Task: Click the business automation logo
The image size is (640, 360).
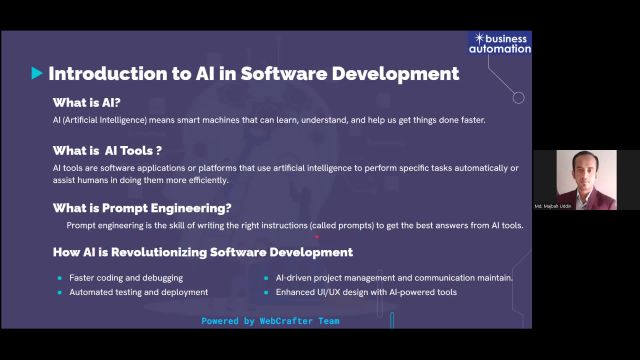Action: click(500, 42)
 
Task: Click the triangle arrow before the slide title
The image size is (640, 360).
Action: click(37, 73)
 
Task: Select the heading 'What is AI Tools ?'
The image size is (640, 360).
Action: click(107, 150)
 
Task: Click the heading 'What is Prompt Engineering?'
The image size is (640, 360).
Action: click(142, 208)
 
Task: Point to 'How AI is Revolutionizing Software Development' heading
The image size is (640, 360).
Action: click(202, 252)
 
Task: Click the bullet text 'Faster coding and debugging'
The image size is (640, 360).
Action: click(126, 277)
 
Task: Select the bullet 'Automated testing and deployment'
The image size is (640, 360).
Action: click(138, 292)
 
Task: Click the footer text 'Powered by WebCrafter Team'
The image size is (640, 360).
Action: click(270, 321)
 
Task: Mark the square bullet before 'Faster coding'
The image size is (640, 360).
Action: click(60, 277)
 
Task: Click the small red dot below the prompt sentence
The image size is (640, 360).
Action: click(317, 239)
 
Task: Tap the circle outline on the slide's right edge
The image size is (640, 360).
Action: click(518, 98)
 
